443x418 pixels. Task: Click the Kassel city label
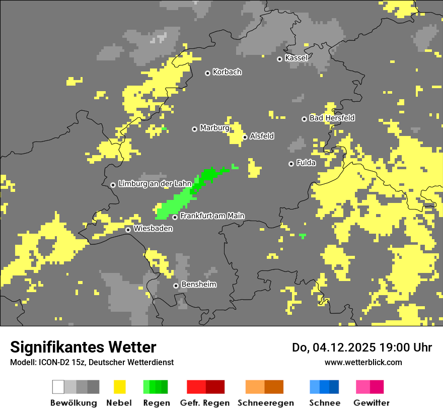296,58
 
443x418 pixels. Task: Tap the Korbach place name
227,72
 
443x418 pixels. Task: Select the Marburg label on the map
214,128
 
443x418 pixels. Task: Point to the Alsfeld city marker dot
245,137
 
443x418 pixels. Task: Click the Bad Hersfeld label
332,118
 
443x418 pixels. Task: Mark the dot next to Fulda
291,164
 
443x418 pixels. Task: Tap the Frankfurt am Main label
212,216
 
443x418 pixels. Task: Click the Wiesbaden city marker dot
128,230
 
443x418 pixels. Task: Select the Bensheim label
199,285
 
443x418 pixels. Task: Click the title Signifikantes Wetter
83,347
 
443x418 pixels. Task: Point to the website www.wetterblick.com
363,362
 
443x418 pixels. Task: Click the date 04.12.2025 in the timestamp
337,347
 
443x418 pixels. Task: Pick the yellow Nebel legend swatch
119,387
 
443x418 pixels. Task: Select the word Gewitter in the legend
371,403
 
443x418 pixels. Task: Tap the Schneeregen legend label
265,403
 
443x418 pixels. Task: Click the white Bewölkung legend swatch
58,387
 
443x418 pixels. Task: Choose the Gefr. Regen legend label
205,403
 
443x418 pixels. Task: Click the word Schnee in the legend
324,403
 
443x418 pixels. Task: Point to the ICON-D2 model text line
92,362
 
